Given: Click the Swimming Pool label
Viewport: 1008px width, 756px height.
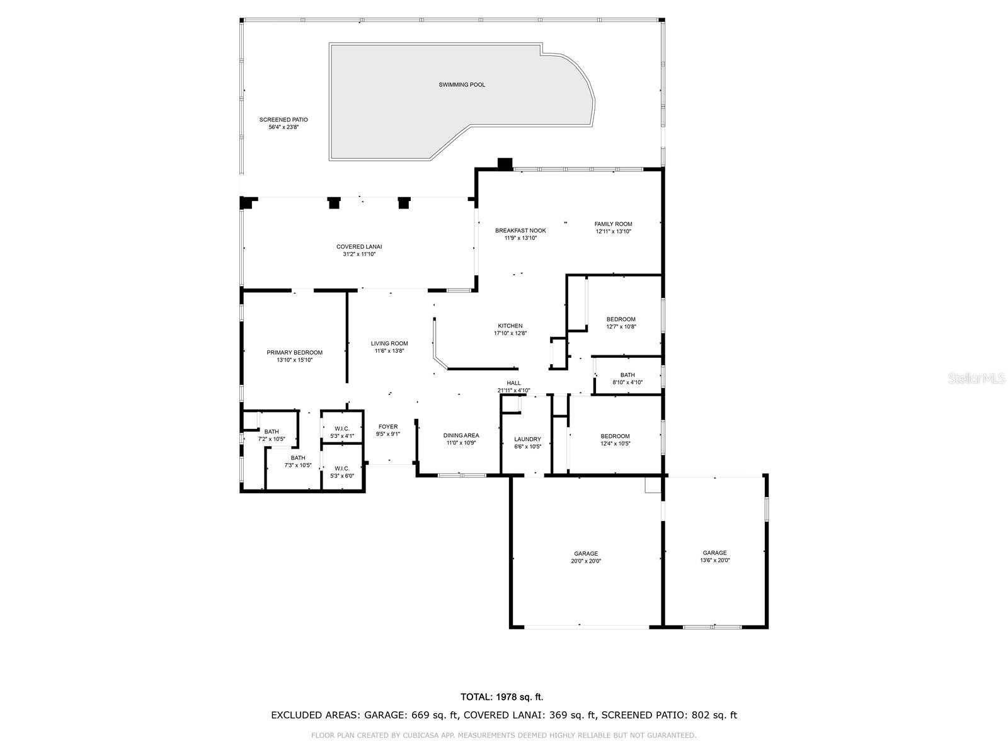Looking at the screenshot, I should pos(462,84).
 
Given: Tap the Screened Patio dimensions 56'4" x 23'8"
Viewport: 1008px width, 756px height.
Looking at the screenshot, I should pos(283,127).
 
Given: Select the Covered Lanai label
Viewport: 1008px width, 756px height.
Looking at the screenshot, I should pos(358,247).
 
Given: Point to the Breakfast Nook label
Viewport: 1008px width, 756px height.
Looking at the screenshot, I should pos(520,231).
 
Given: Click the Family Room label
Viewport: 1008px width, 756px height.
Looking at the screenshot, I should pos(613,224).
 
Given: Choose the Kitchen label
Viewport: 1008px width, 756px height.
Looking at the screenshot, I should pos(510,326).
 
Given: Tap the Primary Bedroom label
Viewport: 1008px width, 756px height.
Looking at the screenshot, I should pos(294,353).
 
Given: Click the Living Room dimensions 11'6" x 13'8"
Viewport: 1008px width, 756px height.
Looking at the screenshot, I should pos(389,351).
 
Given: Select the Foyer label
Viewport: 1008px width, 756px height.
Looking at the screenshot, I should pos(388,427).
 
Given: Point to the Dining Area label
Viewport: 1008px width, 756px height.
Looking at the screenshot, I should pos(461,435).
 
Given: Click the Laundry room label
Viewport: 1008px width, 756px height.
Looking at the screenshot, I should pos(527,440).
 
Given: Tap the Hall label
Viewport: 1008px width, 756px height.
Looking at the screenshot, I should pos(513,383).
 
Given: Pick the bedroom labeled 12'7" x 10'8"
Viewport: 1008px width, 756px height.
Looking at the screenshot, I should pos(621,323).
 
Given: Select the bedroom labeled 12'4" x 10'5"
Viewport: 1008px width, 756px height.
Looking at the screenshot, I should pos(615,440).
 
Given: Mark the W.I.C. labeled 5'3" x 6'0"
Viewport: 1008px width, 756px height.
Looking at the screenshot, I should pos(342,472).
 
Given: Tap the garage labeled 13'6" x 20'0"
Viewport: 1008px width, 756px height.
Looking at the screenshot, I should pos(714,556).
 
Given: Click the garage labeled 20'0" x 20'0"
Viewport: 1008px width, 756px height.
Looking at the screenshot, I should pos(585,557).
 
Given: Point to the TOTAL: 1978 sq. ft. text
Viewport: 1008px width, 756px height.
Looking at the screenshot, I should pos(501,697).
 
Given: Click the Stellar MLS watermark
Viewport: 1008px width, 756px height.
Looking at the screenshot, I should pos(976,378).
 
